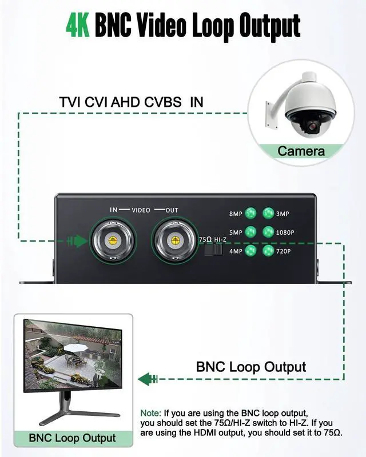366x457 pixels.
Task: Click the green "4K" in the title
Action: click(78, 25)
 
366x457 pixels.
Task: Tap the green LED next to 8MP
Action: click(250, 213)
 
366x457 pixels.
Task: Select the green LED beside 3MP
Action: click(268, 213)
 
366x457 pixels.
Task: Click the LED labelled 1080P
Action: click(268, 232)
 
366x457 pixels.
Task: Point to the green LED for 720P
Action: click(268, 250)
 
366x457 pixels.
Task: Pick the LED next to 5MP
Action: click(250, 232)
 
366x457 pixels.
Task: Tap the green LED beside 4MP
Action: click(250, 250)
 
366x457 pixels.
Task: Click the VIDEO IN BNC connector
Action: click(113, 240)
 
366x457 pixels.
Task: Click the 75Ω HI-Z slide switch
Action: click(213, 250)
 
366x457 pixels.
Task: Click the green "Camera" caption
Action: click(301, 151)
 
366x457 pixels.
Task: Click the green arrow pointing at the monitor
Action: click(147, 378)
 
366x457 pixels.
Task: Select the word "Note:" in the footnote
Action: click(151, 412)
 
